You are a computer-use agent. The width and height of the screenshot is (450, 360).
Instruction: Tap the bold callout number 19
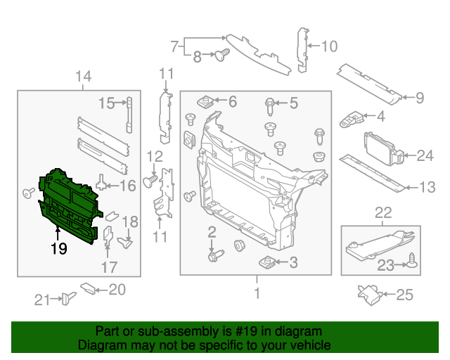pyautogui.click(x=58, y=247)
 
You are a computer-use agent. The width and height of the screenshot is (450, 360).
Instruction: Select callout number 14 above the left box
pyautogui.click(x=83, y=76)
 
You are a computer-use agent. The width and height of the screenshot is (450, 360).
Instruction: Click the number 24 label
pyautogui.click(x=425, y=156)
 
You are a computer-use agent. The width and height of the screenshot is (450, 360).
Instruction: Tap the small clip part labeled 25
pyautogui.click(x=371, y=293)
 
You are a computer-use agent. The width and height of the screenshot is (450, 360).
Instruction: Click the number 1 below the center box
pyautogui.click(x=257, y=293)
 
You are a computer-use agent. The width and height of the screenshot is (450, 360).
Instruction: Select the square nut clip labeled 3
pyautogui.click(x=266, y=263)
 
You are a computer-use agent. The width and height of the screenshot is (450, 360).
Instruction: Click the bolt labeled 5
pyautogui.click(x=270, y=106)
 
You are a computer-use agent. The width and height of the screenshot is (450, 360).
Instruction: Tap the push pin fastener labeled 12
pyautogui.click(x=149, y=181)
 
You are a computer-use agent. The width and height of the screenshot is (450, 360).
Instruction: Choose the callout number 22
pyautogui.click(x=382, y=213)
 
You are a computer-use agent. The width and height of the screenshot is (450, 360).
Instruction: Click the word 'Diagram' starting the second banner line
pyautogui.click(x=100, y=346)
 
